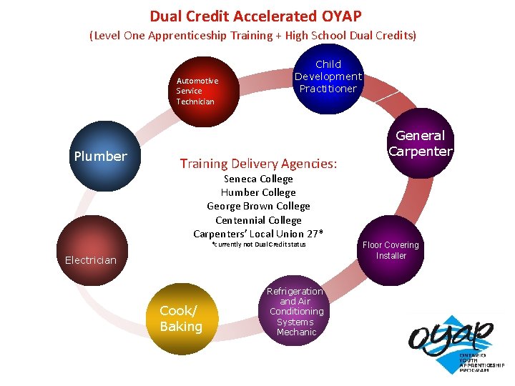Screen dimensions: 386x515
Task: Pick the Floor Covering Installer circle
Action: (391, 250)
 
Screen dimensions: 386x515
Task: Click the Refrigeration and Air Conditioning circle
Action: (296, 312)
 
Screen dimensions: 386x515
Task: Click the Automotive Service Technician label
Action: (197, 91)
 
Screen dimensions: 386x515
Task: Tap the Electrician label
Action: (90, 260)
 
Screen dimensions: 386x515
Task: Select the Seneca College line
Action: (258, 179)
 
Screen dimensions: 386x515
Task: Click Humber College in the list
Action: (258, 192)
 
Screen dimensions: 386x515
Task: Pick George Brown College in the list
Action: (258, 206)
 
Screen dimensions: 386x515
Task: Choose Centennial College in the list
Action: (258, 220)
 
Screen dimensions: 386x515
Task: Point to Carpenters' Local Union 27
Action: (258, 234)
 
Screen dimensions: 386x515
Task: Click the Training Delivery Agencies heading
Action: (258, 164)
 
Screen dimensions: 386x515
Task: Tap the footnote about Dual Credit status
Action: (259, 244)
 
